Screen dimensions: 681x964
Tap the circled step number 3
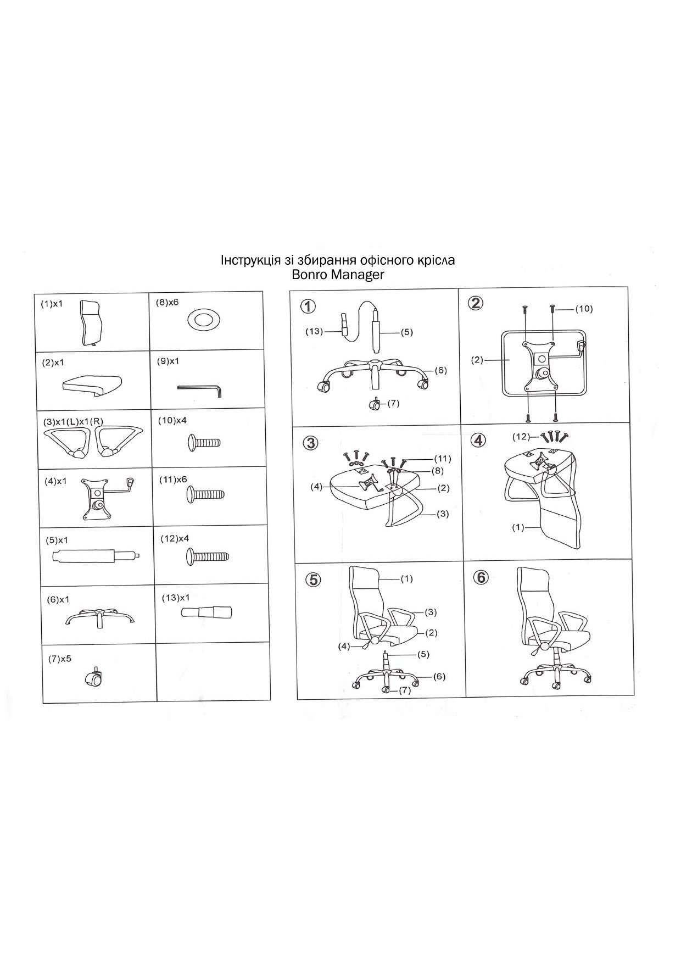click(311, 443)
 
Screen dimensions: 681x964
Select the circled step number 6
click(481, 577)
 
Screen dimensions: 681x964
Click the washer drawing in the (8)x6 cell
click(204, 319)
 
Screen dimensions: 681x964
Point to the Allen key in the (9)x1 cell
click(199, 389)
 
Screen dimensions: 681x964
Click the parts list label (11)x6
click(173, 480)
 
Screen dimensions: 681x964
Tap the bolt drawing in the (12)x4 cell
click(208, 557)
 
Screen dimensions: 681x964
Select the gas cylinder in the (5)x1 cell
click(96, 556)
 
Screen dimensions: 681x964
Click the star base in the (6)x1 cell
click(100, 616)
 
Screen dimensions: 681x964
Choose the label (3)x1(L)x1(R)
click(73, 422)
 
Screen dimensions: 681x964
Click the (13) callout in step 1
click(314, 331)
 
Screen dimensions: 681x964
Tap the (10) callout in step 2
click(584, 309)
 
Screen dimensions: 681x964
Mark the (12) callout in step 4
click(521, 437)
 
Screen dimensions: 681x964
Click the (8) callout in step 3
click(437, 471)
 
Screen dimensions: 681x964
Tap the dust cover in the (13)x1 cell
click(206, 612)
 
